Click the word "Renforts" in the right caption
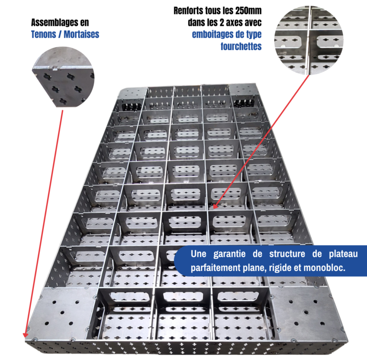(x=191, y=10)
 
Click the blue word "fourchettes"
(x=241, y=46)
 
